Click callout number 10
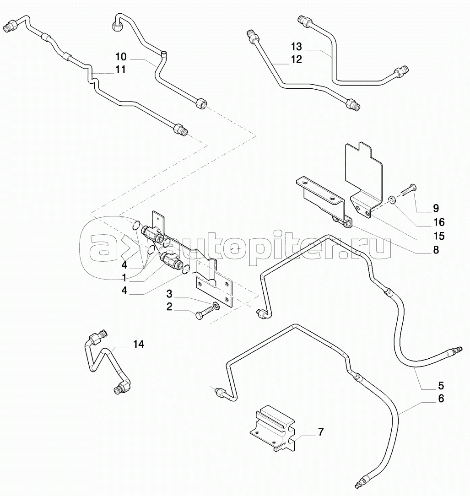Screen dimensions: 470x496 121,57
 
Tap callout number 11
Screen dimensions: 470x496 120,70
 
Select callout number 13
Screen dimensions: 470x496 297,47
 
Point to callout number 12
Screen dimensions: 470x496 297,59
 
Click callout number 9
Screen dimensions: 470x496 436,209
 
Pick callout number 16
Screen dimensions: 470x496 439,222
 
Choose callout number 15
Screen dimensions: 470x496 439,236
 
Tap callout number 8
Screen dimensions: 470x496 436,250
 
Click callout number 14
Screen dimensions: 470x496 138,344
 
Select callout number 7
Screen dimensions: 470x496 321,432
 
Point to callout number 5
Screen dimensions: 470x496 441,386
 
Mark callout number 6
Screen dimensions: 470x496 441,399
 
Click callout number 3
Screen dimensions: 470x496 169,294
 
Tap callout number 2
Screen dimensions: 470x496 169,307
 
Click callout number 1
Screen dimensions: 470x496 124,278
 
